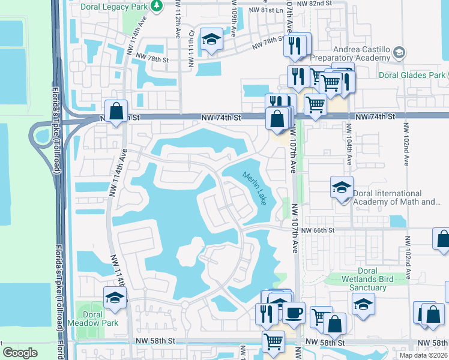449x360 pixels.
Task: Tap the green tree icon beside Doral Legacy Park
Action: pos(157,5)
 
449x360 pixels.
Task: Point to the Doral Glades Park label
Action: pos(412,75)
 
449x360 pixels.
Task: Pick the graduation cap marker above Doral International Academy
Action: pos(342,188)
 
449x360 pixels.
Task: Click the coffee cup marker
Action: pos(294,313)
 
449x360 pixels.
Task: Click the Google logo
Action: pos(20,353)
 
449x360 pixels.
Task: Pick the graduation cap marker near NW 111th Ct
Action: pos(211,40)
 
